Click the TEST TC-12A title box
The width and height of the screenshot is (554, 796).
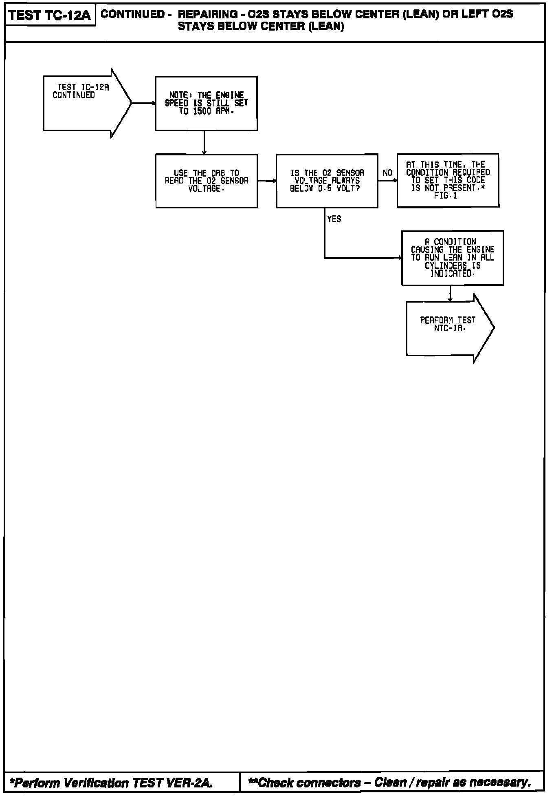[x=49, y=16]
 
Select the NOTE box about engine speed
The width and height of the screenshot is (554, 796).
[x=206, y=103]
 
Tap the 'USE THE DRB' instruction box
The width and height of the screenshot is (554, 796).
[x=206, y=181]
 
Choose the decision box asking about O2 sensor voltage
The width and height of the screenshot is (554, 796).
[x=327, y=181]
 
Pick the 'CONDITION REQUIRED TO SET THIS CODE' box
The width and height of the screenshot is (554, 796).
[x=448, y=180]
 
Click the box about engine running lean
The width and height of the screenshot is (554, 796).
[x=452, y=258]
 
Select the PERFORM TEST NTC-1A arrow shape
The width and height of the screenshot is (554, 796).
[x=448, y=328]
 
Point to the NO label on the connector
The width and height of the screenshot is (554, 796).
[x=387, y=173]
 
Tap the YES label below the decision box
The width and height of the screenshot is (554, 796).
[x=334, y=219]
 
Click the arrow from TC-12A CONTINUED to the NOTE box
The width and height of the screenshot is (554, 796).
[x=143, y=103]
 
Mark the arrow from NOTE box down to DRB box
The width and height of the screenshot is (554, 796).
[x=204, y=142]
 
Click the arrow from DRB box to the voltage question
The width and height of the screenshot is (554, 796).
[x=267, y=181]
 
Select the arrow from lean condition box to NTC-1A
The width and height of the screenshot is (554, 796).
[x=450, y=294]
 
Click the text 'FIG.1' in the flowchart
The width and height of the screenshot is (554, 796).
[x=446, y=196]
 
